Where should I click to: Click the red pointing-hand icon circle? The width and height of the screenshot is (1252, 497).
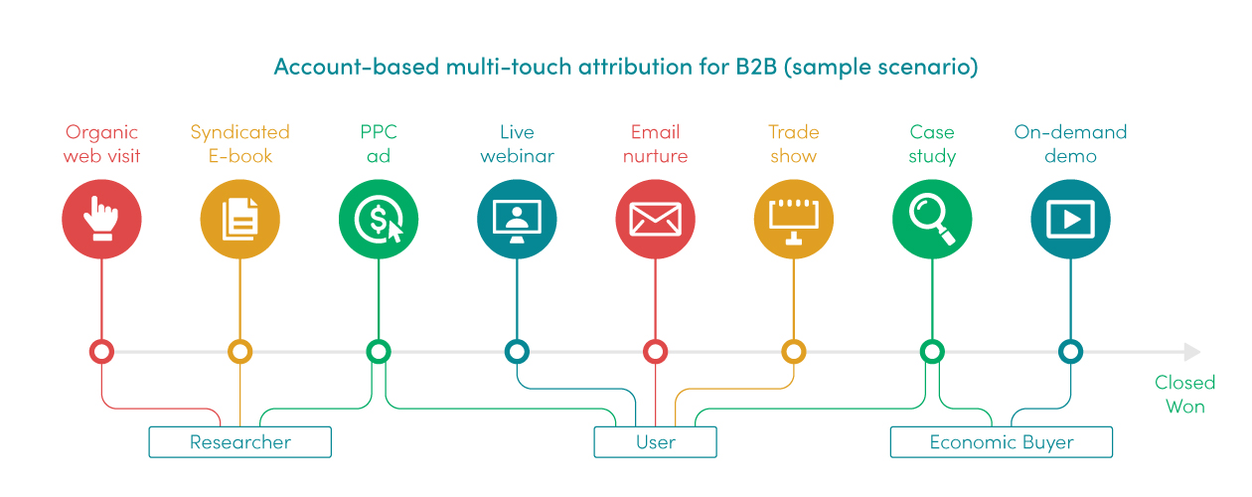click(101, 219)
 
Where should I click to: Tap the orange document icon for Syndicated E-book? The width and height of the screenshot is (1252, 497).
click(240, 219)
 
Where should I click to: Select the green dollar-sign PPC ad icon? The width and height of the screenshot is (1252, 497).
click(379, 219)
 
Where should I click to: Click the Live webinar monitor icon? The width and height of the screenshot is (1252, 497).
click(517, 219)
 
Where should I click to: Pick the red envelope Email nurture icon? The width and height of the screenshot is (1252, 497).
click(656, 219)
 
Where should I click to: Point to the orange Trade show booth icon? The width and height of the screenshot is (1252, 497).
click(794, 219)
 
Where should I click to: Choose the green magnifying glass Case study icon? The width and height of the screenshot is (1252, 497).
click(932, 219)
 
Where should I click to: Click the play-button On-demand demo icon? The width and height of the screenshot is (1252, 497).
click(1071, 219)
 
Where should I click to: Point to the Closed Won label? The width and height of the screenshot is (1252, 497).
click(1184, 395)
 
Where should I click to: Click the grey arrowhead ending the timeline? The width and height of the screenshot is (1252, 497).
click(1192, 352)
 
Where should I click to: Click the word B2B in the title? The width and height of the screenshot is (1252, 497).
click(756, 67)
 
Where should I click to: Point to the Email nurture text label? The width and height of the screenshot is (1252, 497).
click(656, 144)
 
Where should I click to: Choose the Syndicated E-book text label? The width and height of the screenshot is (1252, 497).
click(240, 144)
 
